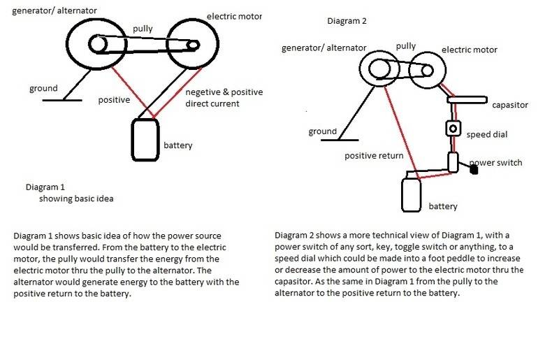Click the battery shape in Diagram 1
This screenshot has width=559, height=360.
[145, 139]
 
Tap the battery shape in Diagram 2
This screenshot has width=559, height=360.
[412, 195]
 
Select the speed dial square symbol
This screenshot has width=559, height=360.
[453, 129]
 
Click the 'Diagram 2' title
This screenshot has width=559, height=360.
[347, 21]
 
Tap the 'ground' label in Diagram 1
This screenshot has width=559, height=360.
[43, 89]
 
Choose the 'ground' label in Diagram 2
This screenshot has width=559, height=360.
[322, 131]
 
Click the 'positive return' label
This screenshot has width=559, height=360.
[374, 155]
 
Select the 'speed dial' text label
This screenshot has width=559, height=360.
[487, 134]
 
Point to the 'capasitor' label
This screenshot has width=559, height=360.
[511, 105]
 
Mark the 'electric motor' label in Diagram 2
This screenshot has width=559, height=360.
[470, 50]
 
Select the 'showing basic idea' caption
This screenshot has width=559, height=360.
[76, 199]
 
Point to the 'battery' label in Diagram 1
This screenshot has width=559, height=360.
[177, 145]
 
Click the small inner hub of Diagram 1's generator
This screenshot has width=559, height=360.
[99, 45]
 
